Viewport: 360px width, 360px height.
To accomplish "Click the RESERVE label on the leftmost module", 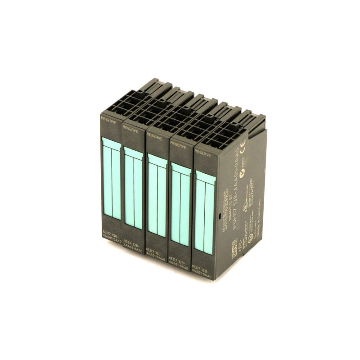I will pyautogui.click(x=109, y=119).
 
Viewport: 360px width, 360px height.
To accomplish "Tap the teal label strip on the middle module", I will pyautogui.click(x=157, y=195).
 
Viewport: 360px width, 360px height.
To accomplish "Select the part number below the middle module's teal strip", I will pyautogui.click(x=156, y=253).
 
